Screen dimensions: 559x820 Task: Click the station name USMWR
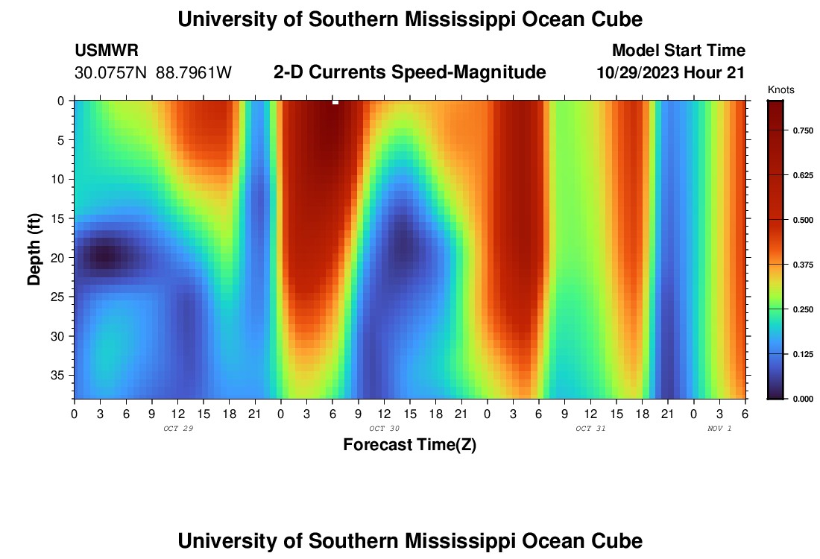[x=107, y=51]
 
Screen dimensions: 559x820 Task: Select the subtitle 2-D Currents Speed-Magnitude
[x=410, y=72]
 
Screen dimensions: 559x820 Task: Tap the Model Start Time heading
[x=678, y=51]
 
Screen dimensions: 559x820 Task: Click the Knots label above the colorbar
[x=780, y=90]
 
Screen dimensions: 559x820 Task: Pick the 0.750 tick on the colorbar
[x=803, y=130]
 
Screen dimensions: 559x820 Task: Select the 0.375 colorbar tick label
[x=803, y=265]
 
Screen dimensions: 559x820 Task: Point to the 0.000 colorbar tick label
[x=803, y=399]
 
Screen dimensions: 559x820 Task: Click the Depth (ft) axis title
[x=34, y=249]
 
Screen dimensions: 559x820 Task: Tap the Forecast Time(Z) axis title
[x=409, y=445]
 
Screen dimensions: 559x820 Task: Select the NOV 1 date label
[x=719, y=429]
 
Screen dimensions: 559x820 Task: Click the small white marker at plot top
[x=335, y=102]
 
